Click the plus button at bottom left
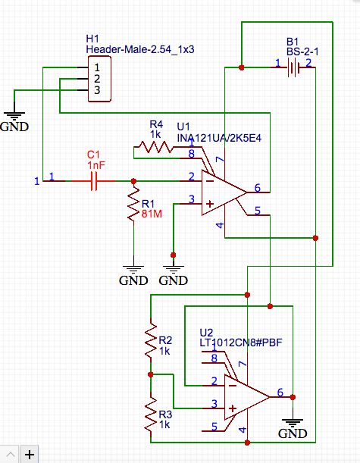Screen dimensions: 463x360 [29, 454]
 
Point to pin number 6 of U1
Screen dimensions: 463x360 [258, 189]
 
